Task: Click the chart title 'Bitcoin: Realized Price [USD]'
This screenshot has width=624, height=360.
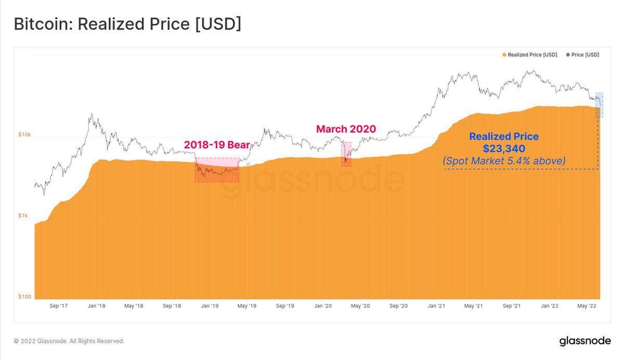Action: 127,24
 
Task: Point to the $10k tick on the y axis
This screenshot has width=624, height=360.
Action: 24,135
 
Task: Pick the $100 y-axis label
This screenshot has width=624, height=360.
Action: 24,297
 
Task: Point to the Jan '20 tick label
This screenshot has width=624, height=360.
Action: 323,306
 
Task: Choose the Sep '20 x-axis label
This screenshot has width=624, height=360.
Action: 399,306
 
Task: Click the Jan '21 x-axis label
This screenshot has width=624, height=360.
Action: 436,306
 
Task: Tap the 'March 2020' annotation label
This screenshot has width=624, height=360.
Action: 346,128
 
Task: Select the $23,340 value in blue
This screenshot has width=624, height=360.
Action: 504,149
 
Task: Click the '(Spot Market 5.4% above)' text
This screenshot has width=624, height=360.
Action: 504,161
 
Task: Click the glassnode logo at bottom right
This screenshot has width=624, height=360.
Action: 584,341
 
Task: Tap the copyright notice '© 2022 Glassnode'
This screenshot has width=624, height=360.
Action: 69,341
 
